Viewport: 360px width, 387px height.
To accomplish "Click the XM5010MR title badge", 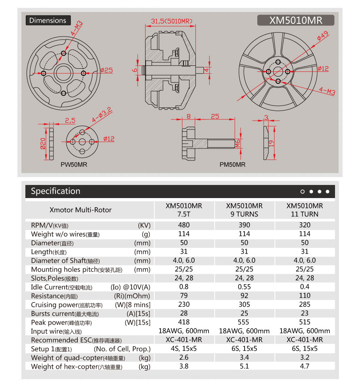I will (296, 20).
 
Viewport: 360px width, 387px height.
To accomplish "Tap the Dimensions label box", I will (48, 20).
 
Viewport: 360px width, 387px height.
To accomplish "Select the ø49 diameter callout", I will (322, 37).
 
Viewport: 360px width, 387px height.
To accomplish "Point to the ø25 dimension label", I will (107, 70).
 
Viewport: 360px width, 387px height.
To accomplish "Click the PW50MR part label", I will (74, 164).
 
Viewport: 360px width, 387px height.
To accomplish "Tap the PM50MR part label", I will (232, 164).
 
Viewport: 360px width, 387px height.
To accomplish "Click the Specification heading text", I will (56, 191).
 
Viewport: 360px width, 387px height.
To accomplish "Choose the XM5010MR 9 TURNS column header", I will (244, 210).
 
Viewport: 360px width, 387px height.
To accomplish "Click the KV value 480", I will (184, 225).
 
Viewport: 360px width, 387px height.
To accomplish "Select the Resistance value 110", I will (304, 296).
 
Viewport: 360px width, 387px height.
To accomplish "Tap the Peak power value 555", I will (244, 322).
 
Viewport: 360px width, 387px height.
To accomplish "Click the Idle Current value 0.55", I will (244, 287).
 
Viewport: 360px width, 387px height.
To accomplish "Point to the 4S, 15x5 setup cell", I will (184, 348).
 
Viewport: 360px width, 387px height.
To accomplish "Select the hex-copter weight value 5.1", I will (244, 366).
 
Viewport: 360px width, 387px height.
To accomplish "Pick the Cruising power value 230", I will (184, 304).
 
